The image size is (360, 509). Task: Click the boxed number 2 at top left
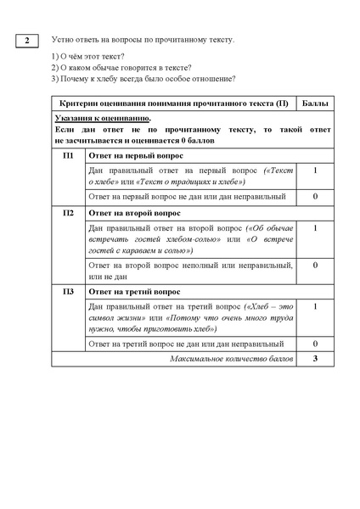(27, 42)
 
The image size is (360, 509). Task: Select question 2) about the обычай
(121, 67)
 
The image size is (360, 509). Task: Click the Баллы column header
(315, 103)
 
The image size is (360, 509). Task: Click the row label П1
(69, 155)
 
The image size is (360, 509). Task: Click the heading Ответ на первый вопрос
(132, 155)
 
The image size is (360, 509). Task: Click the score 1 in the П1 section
(315, 171)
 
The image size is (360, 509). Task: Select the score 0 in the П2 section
(315, 266)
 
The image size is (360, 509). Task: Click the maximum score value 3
(315, 359)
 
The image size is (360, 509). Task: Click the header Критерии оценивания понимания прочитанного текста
(175, 103)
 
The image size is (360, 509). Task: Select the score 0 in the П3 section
(315, 344)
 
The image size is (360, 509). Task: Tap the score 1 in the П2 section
(315, 228)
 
